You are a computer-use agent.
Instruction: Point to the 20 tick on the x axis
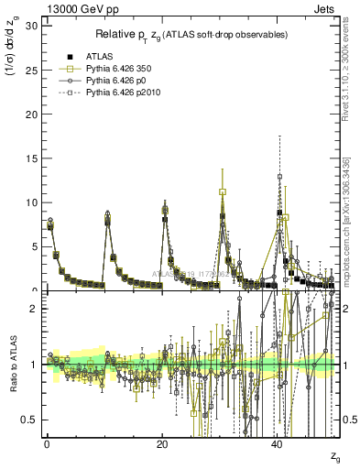(162, 442)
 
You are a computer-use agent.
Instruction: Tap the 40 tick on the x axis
(278, 442)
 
